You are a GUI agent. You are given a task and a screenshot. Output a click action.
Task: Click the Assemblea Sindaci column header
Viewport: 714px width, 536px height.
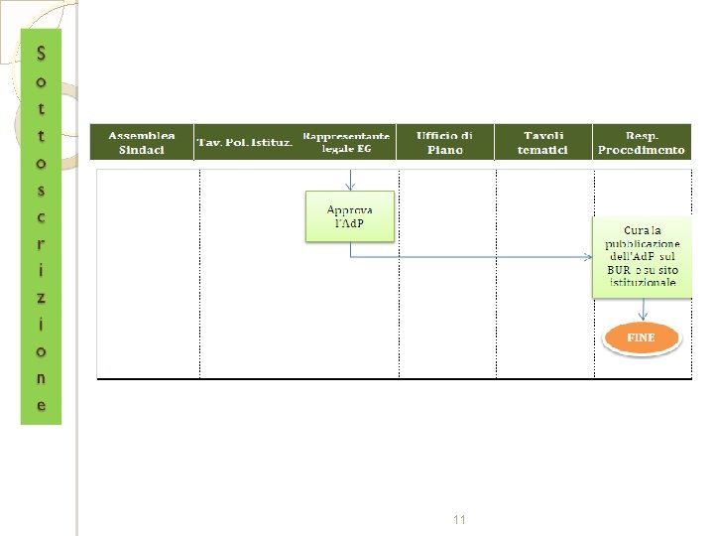pyautogui.click(x=142, y=142)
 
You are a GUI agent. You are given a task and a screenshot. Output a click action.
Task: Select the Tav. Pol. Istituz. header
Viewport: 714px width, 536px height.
pyautogui.click(x=245, y=143)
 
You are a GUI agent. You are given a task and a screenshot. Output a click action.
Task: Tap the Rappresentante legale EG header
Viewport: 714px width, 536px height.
pyautogui.click(x=346, y=142)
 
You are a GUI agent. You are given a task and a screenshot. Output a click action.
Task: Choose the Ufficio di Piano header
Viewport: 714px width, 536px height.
pyautogui.click(x=444, y=142)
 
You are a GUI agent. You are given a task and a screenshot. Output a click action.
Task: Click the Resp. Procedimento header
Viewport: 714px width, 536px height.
pyautogui.click(x=642, y=142)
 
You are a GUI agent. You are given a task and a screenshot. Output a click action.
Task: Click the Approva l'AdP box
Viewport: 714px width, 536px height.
pyautogui.click(x=349, y=216)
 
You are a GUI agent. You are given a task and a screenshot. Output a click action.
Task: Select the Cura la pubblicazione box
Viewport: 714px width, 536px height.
pyautogui.click(x=642, y=256)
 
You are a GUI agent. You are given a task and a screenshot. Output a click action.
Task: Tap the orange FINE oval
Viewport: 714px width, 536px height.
pyautogui.click(x=642, y=337)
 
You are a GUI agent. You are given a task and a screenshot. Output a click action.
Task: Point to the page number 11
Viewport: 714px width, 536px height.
pyautogui.click(x=459, y=520)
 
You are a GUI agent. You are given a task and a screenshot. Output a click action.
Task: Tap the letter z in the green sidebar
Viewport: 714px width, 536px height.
pyautogui.click(x=41, y=297)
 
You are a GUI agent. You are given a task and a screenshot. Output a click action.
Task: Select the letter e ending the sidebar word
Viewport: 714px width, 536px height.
pyautogui.click(x=41, y=405)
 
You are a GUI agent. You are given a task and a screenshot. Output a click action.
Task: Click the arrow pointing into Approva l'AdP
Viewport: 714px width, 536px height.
pyautogui.click(x=350, y=181)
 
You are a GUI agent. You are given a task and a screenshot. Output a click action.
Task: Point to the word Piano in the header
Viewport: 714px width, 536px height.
pyautogui.click(x=444, y=150)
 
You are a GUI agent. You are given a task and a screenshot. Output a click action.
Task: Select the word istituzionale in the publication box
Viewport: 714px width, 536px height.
pyautogui.click(x=643, y=282)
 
